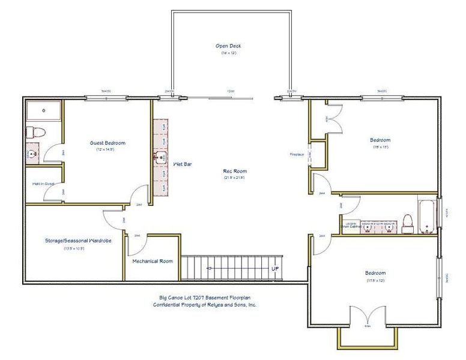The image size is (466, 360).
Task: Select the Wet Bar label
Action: [x=182, y=163]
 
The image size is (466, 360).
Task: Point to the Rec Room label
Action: [x=234, y=171]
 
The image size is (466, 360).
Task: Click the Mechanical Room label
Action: [x=153, y=261]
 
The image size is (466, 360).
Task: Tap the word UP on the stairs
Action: [x=275, y=269]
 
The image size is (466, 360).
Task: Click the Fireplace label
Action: [x=297, y=154]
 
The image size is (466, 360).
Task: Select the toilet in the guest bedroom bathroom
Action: [x=34, y=132]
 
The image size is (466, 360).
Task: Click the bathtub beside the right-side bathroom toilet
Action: [x=427, y=218]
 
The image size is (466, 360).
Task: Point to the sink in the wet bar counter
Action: [x=160, y=158]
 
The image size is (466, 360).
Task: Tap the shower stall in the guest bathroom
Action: [x=44, y=111]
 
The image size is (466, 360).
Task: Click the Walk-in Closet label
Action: [x=43, y=184]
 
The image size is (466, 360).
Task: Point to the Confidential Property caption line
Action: [x=204, y=305]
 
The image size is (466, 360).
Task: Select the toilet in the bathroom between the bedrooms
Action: [x=408, y=223]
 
